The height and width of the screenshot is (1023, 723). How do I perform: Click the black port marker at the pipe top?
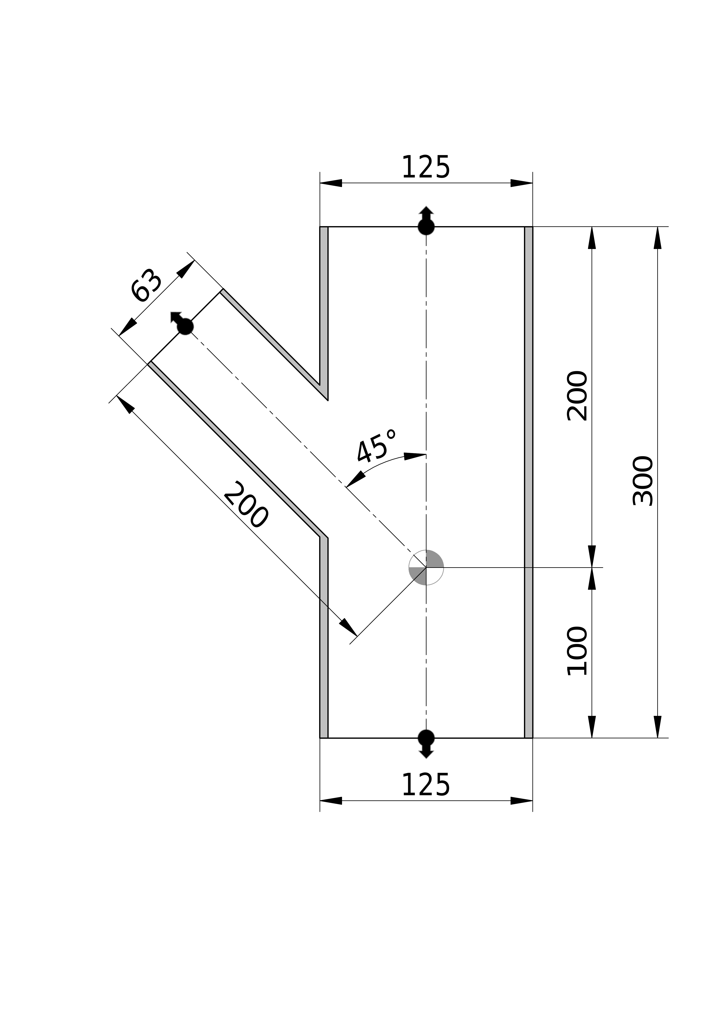tap(426, 221)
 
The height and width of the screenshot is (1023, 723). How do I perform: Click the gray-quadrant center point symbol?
tap(426, 567)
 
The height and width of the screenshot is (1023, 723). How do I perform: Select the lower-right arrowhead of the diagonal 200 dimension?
tap(348, 627)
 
